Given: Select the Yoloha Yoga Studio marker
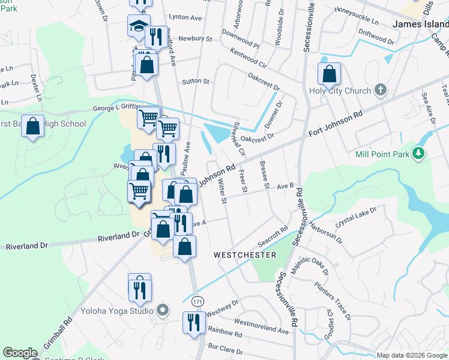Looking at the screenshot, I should [162, 311].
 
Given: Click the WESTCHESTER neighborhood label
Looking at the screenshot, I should [245, 255].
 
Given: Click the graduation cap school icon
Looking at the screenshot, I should [137, 26].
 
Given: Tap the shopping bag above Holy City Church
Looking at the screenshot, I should [330, 75].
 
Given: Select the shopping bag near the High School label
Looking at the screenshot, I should [34, 127].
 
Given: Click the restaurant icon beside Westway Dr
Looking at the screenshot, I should [193, 323].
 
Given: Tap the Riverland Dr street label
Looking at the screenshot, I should [26, 246].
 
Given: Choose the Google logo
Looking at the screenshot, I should [20, 353].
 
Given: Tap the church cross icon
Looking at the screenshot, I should [379, 91].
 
